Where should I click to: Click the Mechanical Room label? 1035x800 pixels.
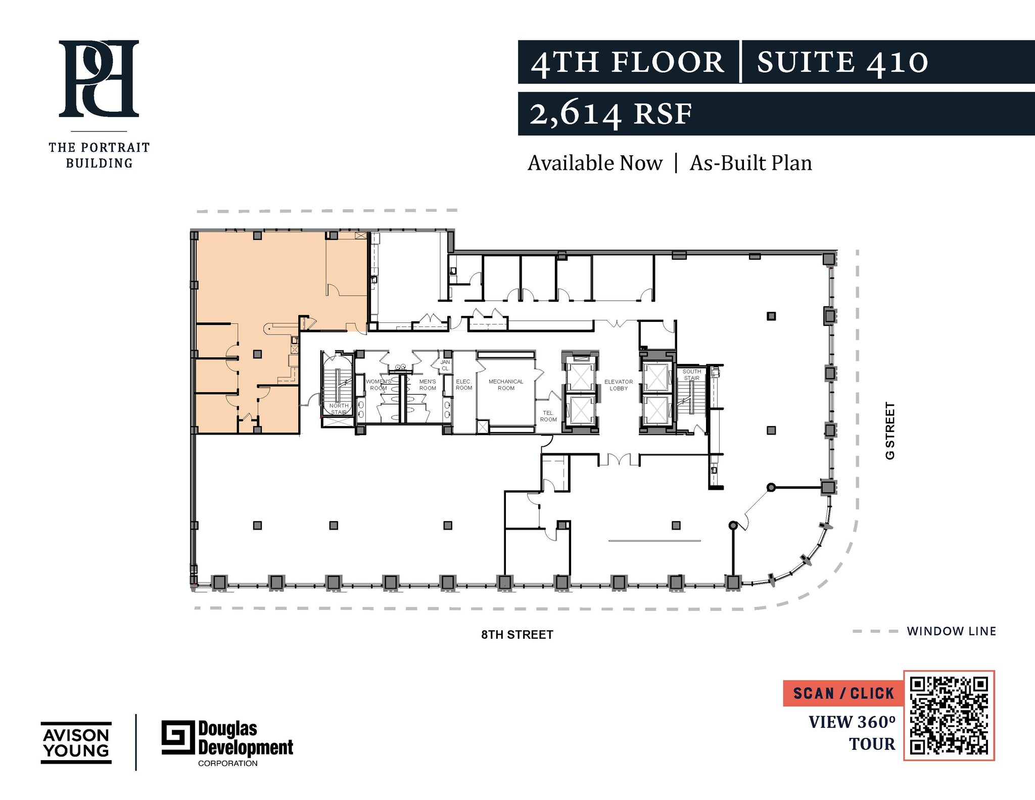point(506,385)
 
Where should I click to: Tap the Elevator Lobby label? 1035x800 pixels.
point(619,385)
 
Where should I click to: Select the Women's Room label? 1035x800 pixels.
point(378,385)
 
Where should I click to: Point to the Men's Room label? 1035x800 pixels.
point(428,385)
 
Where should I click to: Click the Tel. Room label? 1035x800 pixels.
point(548,416)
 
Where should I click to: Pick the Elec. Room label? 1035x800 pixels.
point(464,385)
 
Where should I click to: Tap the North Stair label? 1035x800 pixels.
point(339,409)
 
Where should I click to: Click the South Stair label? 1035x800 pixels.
point(692,374)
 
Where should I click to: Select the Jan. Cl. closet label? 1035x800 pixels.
point(445,365)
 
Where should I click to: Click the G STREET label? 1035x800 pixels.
point(890,431)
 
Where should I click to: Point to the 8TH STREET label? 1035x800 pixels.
point(517,635)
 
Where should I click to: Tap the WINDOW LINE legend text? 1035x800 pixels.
point(951,631)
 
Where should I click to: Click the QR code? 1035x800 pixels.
point(949,716)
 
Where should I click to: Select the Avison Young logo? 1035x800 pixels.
point(76,742)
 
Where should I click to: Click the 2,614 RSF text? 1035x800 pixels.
point(610,114)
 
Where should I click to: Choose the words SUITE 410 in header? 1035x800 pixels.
point(842,62)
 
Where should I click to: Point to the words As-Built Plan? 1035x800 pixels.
point(750,163)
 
